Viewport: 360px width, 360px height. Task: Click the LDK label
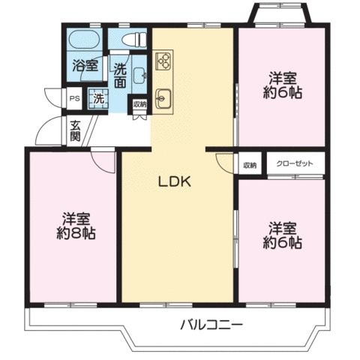click(x=175, y=181)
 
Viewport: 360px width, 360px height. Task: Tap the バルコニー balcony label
click(x=211, y=325)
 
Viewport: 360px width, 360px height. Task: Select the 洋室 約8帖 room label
click(x=76, y=226)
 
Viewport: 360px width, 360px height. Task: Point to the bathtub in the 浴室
click(x=84, y=40)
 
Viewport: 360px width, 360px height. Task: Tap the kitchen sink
click(x=163, y=98)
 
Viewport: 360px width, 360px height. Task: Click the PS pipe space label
click(x=74, y=98)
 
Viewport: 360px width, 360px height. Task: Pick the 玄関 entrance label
click(x=75, y=131)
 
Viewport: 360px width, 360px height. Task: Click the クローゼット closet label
click(x=295, y=163)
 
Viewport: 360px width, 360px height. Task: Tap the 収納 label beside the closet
click(x=250, y=165)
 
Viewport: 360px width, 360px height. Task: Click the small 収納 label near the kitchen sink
click(x=139, y=104)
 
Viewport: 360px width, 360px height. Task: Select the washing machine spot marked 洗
click(x=98, y=99)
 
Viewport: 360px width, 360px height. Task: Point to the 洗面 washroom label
click(x=120, y=76)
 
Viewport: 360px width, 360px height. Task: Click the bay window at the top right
click(x=280, y=13)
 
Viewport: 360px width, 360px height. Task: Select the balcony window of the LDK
click(x=166, y=305)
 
